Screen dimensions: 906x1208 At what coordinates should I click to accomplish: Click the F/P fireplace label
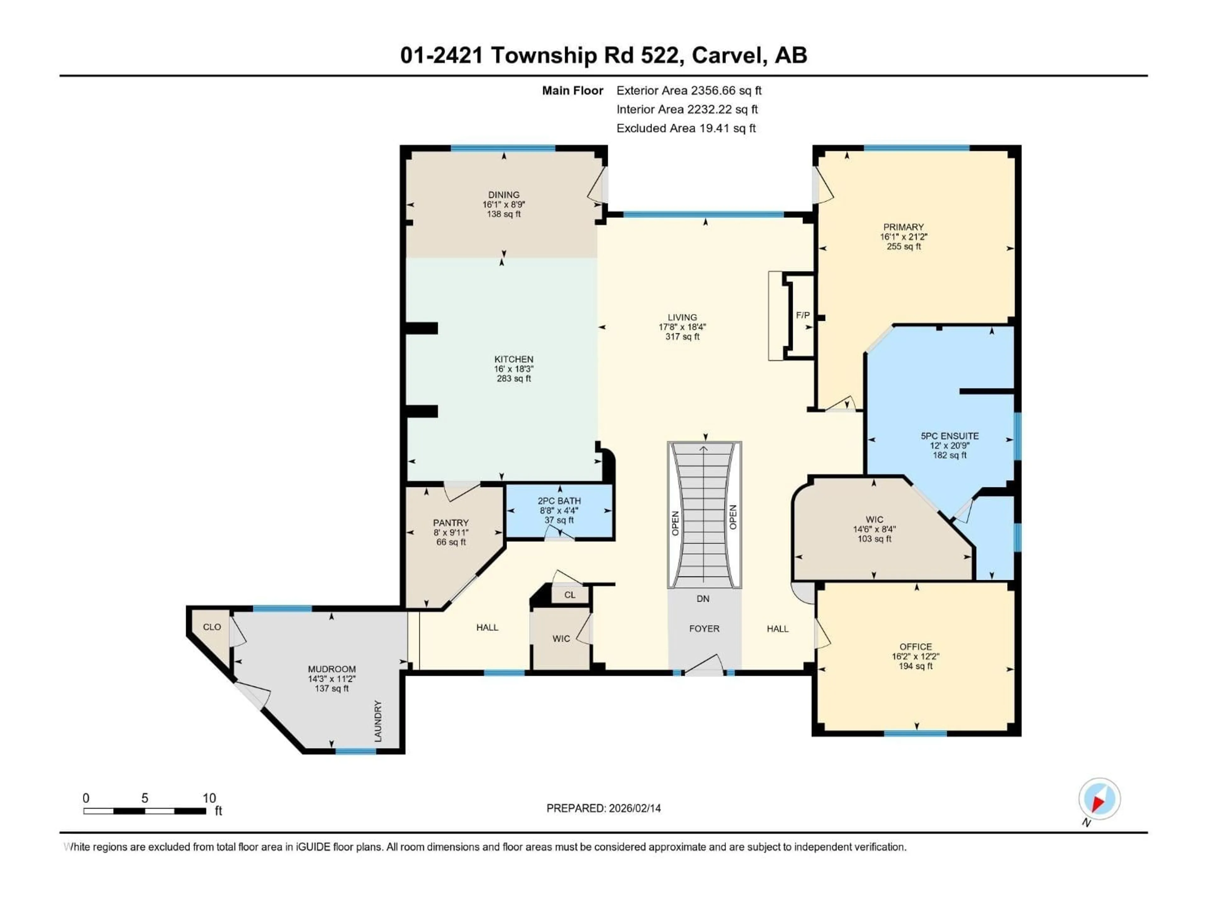pyautogui.click(x=802, y=315)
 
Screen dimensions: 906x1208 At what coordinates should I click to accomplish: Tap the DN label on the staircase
pyautogui.click(x=703, y=599)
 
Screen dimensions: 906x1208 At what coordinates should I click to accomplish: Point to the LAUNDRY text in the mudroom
pyautogui.click(x=378, y=721)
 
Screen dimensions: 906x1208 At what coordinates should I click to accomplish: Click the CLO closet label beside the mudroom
pyautogui.click(x=212, y=627)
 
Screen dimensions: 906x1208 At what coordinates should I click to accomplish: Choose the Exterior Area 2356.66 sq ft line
pyautogui.click(x=689, y=91)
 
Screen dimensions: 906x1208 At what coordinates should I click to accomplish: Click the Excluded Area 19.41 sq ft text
pyautogui.click(x=686, y=128)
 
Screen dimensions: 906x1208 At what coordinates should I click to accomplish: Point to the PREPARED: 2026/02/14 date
pyautogui.click(x=603, y=808)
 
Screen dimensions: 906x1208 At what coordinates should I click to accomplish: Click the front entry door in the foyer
pyautogui.click(x=704, y=666)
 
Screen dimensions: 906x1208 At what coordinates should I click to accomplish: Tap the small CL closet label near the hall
pyautogui.click(x=570, y=595)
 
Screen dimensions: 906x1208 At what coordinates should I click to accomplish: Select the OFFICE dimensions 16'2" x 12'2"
pyautogui.click(x=915, y=657)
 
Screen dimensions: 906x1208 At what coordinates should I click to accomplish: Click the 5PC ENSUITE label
pyautogui.click(x=950, y=436)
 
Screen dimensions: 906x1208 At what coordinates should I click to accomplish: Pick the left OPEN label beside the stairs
pyautogui.click(x=675, y=523)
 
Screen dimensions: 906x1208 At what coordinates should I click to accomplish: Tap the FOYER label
pyautogui.click(x=704, y=629)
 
